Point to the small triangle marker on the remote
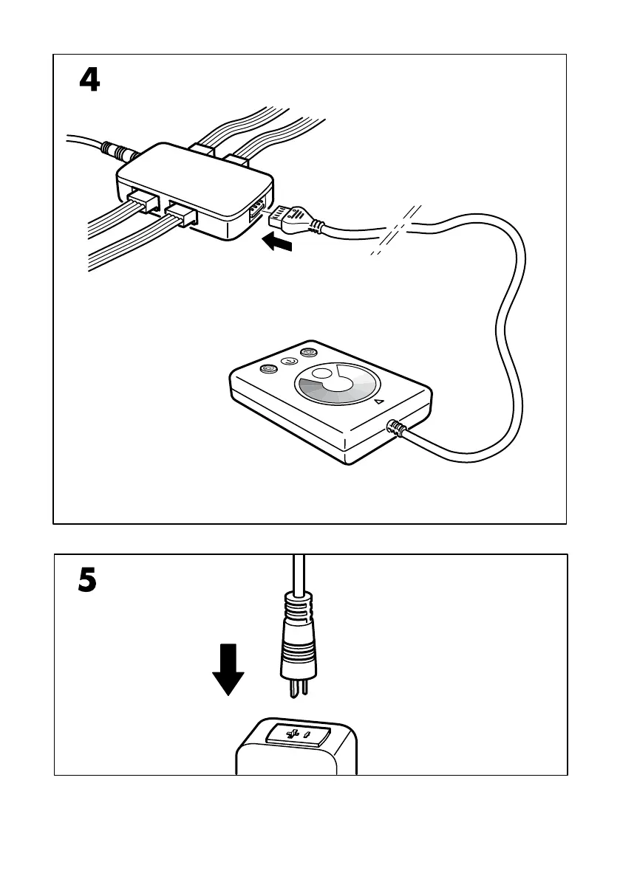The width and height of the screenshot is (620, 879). pyautogui.click(x=379, y=402)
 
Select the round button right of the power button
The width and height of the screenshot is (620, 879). pyautogui.click(x=309, y=354)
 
